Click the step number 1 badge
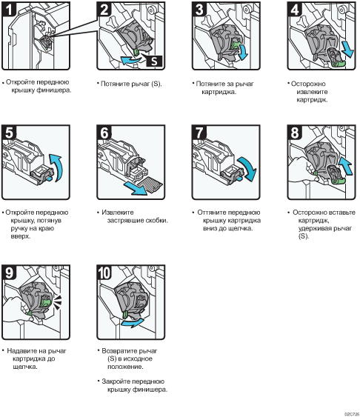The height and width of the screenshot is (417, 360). point(9,9)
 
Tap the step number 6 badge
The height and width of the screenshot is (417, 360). point(104,132)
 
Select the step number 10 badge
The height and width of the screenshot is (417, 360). point(104,272)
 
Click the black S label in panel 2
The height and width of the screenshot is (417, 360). point(154,61)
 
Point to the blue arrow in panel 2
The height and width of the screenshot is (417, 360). point(132,60)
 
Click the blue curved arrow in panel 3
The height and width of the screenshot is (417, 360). point(243,52)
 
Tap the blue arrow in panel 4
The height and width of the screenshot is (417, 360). point(347,50)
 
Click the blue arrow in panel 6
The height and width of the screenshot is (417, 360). point(136,188)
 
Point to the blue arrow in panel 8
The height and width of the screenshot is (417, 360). point(346,165)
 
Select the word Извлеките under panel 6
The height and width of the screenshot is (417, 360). point(118,213)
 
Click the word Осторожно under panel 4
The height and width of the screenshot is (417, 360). point(308,84)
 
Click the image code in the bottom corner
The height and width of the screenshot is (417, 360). point(352,414)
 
